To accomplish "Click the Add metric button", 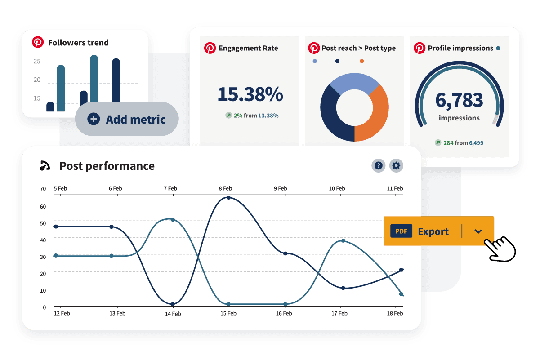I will (127, 120).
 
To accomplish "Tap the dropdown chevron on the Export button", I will (478, 231).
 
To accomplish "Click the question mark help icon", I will (379, 166).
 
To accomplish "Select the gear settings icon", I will (396, 166).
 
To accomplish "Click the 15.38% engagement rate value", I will (250, 94).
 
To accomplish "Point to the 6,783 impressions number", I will (459, 100).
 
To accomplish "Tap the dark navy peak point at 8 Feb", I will (228, 198).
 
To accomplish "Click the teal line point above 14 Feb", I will (173, 220).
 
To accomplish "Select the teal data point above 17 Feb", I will (343, 241).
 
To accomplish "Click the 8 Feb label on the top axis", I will (225, 189).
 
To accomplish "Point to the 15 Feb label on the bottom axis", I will (228, 313).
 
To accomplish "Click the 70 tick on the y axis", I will (43, 189).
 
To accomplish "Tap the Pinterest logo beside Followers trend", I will (38, 43).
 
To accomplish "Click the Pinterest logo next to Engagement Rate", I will (210, 48).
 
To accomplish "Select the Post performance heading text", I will (107, 166).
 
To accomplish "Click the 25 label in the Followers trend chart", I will (37, 62).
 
